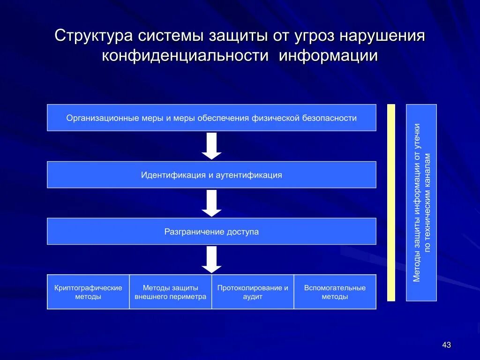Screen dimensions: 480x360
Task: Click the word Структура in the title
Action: (x=93, y=36)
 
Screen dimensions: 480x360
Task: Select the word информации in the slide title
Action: (x=328, y=56)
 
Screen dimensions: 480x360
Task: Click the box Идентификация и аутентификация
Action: (x=211, y=175)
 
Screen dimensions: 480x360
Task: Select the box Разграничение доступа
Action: (x=211, y=232)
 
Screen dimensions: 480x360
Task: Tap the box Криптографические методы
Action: (x=88, y=292)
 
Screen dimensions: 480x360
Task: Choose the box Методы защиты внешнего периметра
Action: (x=170, y=292)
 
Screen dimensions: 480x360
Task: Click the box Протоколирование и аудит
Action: (x=253, y=292)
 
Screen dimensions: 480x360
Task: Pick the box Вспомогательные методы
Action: (x=335, y=292)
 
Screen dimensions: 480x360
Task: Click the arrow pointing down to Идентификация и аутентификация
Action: (x=211, y=146)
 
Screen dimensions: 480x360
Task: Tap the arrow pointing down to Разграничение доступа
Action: (x=211, y=203)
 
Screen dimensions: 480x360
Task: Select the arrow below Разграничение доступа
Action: (x=211, y=259)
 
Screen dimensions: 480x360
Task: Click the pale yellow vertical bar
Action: (x=391, y=202)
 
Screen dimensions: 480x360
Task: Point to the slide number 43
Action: (x=446, y=345)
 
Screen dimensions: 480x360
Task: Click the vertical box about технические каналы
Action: (x=421, y=202)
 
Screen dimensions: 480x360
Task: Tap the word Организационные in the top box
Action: (x=103, y=118)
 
